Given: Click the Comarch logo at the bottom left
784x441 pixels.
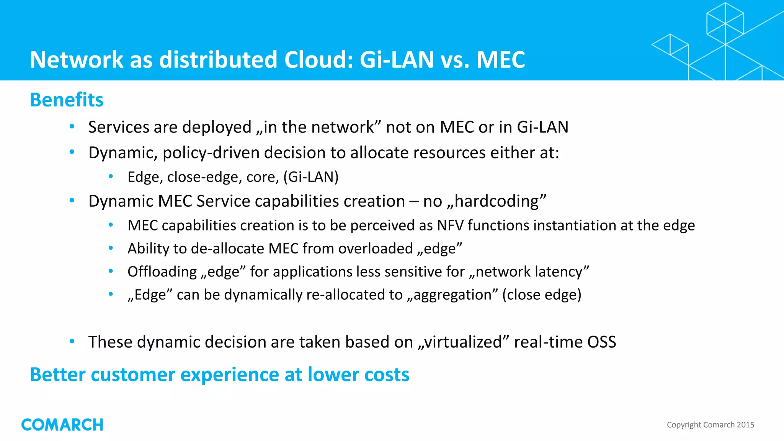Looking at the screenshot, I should pyautogui.click(x=62, y=425).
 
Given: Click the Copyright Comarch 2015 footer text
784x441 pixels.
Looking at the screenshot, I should pyautogui.click(x=710, y=425).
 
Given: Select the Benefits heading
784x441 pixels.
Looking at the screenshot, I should pyautogui.click(x=67, y=100).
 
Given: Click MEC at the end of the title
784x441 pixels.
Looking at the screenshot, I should pyautogui.click(x=500, y=60).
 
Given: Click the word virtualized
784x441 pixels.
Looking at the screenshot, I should pyautogui.click(x=463, y=342).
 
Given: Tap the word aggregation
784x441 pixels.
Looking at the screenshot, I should pyautogui.click(x=452, y=295).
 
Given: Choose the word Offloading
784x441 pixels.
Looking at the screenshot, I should pyautogui.click(x=162, y=272).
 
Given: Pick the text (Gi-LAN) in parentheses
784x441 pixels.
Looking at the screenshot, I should pyautogui.click(x=311, y=177).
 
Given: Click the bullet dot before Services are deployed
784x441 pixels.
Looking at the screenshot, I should pyautogui.click(x=72, y=127).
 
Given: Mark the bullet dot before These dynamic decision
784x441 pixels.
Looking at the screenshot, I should pyautogui.click(x=72, y=341).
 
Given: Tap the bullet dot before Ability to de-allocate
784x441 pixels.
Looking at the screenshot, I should pyautogui.click(x=111, y=248).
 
